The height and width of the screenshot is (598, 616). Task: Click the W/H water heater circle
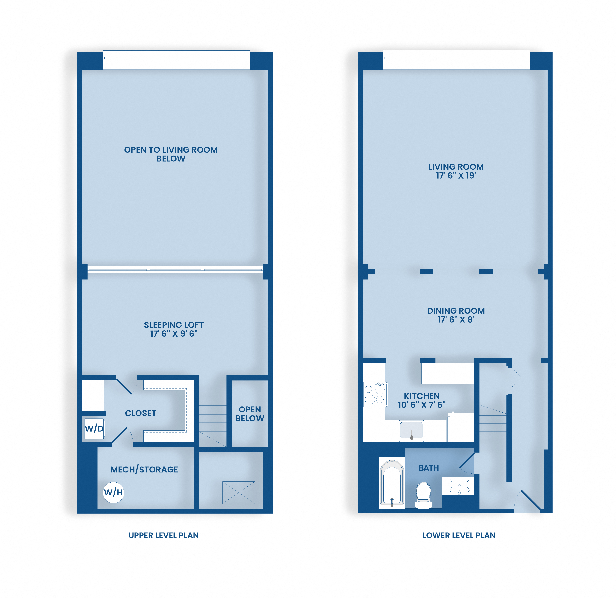(x=113, y=493)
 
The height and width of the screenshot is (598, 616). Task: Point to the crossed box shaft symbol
(x=239, y=493)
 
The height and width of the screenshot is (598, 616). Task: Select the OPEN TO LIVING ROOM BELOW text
(x=171, y=154)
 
